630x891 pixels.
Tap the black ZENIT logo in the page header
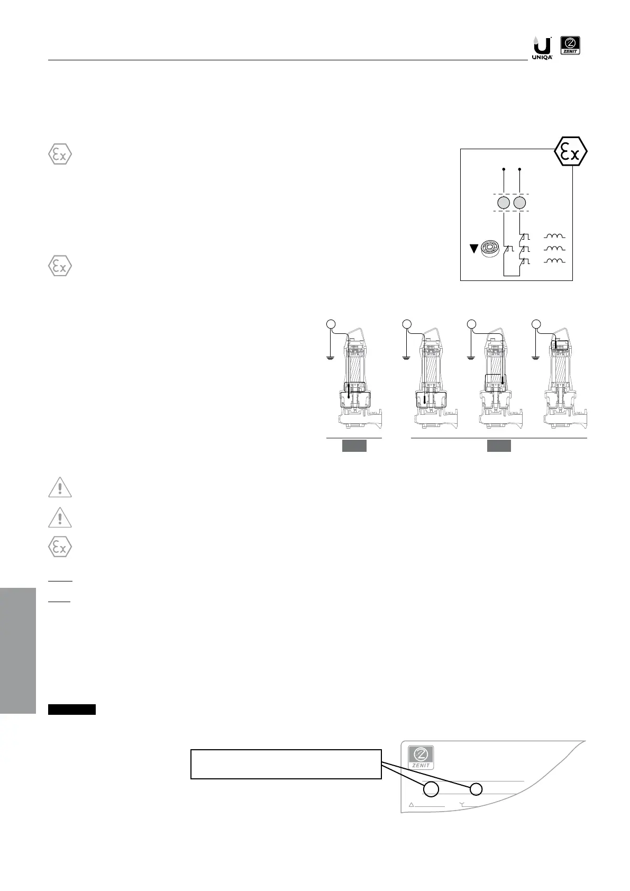coord(570,46)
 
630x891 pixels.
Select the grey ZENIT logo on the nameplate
coord(421,757)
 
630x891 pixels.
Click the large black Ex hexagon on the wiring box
coord(571,152)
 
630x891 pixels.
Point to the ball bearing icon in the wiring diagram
coord(491,248)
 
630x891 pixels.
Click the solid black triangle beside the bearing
coord(474,248)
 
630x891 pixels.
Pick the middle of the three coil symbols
coord(554,248)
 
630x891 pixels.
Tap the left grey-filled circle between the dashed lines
coord(504,204)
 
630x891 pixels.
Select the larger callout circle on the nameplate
coord(431,789)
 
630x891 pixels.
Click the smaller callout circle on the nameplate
coord(476,789)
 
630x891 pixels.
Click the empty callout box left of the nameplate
coord(286,763)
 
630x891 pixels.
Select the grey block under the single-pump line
coord(354,446)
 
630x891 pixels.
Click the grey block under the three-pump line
coord(499,446)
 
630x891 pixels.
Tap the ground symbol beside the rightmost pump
coord(536,357)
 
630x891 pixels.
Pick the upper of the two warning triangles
coord(60,488)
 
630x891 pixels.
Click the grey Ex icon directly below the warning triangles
coord(60,548)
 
